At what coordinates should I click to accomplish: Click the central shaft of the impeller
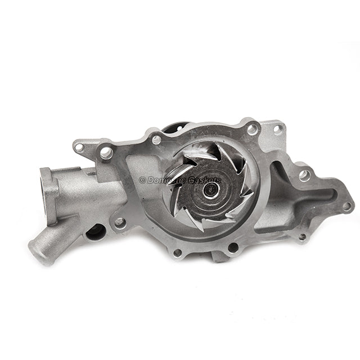pyautogui.click(x=212, y=189)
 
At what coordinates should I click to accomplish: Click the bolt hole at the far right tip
pyautogui.click(x=346, y=206)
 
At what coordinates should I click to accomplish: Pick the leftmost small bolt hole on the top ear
pyautogui.click(x=79, y=147)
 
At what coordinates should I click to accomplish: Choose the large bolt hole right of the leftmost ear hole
pyautogui.click(x=105, y=152)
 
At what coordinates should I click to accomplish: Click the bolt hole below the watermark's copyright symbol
pyautogui.click(x=120, y=222)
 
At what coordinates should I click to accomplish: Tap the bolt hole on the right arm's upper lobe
pyautogui.click(x=304, y=175)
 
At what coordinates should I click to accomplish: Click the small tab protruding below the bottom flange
pyautogui.click(x=219, y=256)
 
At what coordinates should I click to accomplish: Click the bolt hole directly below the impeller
pyautogui.click(x=233, y=246)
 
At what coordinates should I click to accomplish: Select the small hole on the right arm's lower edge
pyautogui.click(x=302, y=237)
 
